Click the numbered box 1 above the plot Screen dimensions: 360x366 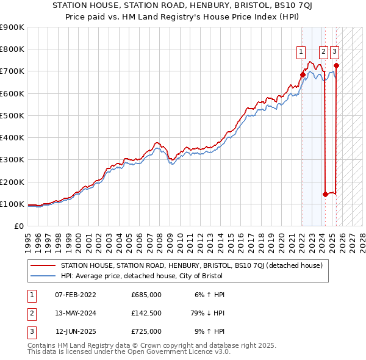302,52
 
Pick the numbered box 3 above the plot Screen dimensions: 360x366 335,52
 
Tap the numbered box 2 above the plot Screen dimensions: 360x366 323,52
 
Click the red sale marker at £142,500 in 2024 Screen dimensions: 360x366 325,195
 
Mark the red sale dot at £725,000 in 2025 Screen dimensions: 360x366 336,66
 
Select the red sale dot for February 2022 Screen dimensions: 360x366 303,74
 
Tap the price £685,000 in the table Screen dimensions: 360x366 146,295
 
